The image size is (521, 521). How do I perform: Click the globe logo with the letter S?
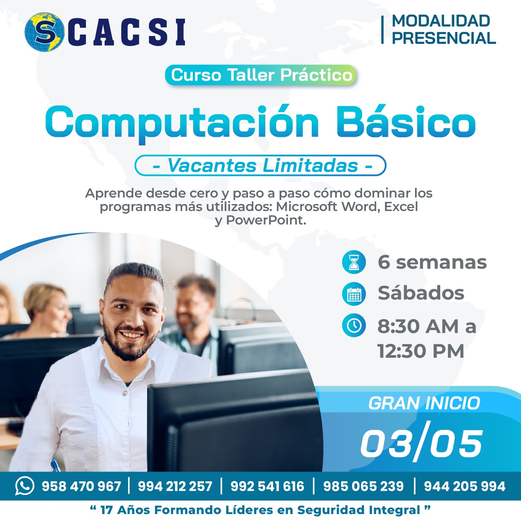[x=44, y=32]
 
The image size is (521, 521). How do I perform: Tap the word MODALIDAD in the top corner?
[x=441, y=21]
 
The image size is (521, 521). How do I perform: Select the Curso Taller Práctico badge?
[x=260, y=75]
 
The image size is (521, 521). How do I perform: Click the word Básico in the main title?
[x=406, y=122]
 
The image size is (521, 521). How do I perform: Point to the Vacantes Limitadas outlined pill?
[x=260, y=165]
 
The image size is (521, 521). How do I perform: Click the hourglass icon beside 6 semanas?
[x=354, y=262]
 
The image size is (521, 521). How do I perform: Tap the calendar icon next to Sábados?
[x=354, y=293]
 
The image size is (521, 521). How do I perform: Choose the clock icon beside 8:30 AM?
[x=354, y=325]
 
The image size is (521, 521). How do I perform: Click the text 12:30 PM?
[x=421, y=351]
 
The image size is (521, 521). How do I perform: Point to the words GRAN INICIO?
[x=424, y=403]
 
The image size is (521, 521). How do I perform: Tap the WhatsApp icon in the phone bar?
[x=25, y=486]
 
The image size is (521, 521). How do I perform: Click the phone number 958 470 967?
[x=81, y=486]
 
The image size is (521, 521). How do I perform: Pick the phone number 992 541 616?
[x=267, y=486]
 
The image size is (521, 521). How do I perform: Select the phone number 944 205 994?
[x=465, y=486]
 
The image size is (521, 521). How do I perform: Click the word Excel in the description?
[x=401, y=207]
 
